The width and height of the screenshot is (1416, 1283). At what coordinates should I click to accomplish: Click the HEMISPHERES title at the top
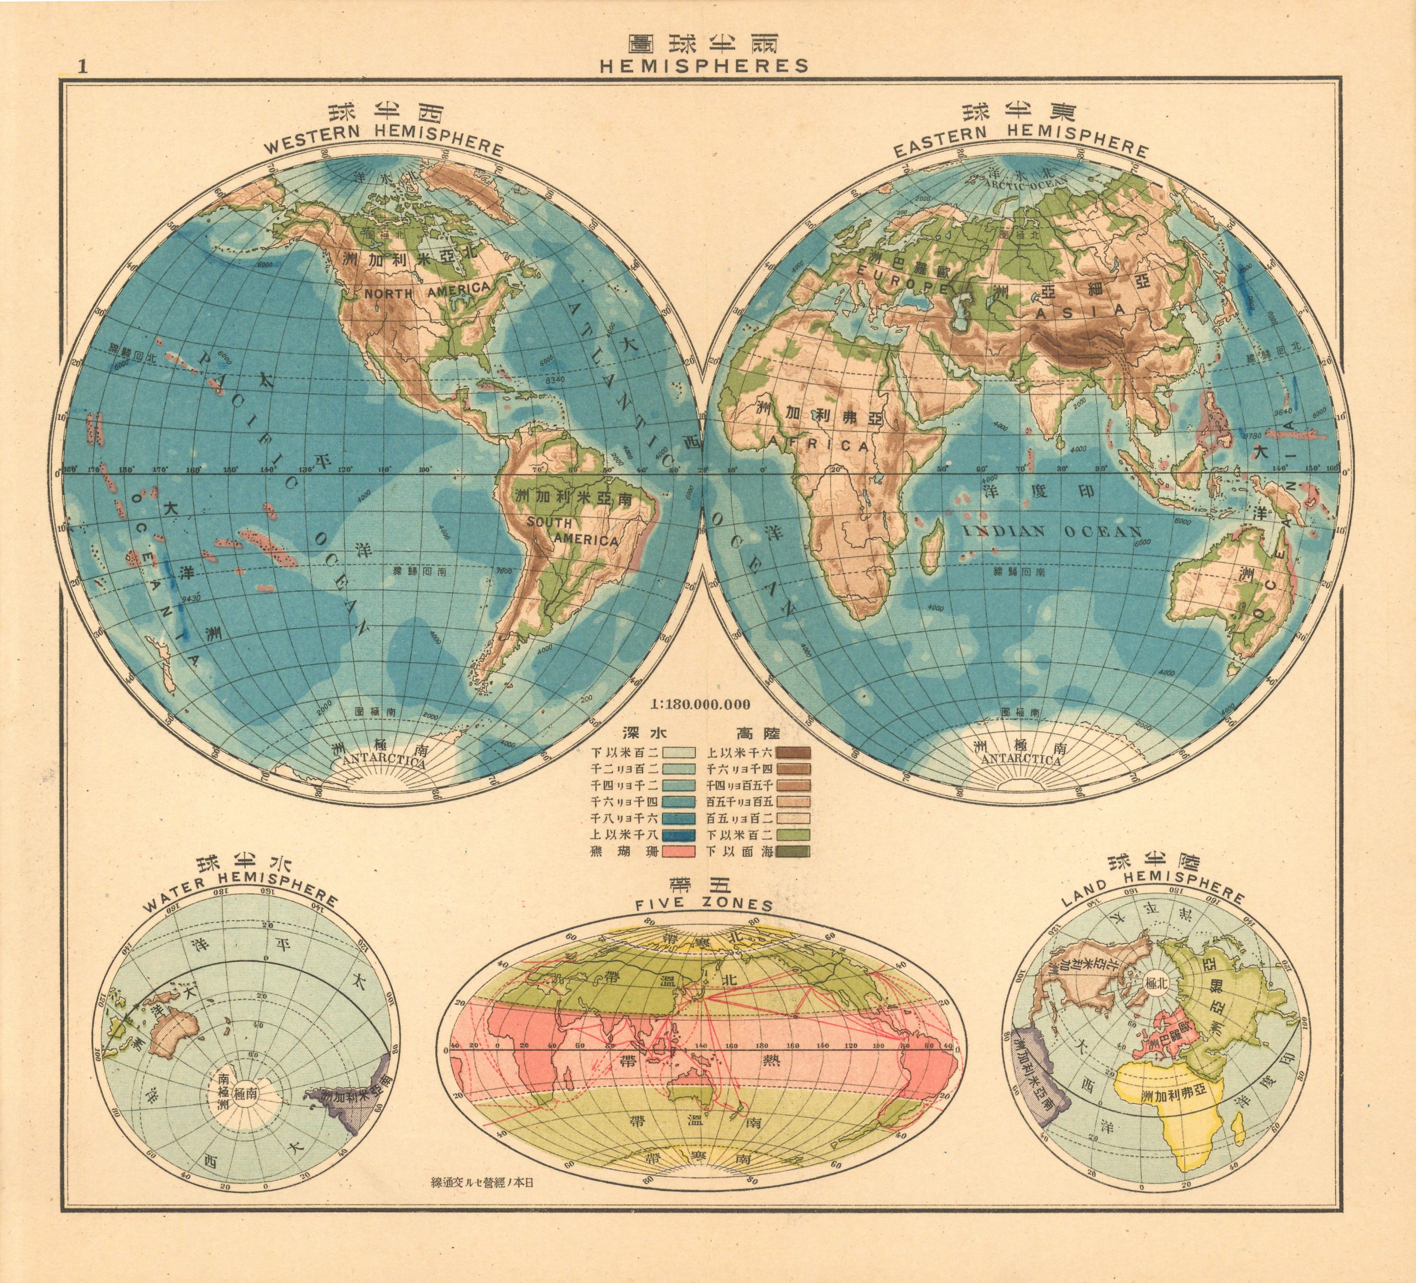[x=705, y=65]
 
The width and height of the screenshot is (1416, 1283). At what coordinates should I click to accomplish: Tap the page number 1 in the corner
[x=83, y=67]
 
